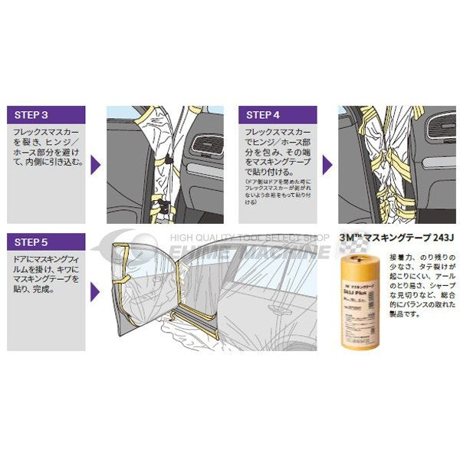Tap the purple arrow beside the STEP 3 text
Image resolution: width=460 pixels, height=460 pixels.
click(94, 165)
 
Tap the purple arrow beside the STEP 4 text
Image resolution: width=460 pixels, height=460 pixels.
click(326, 165)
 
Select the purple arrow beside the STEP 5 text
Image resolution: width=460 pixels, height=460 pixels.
click(94, 291)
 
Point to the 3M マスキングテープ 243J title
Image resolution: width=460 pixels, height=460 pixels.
click(396, 239)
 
